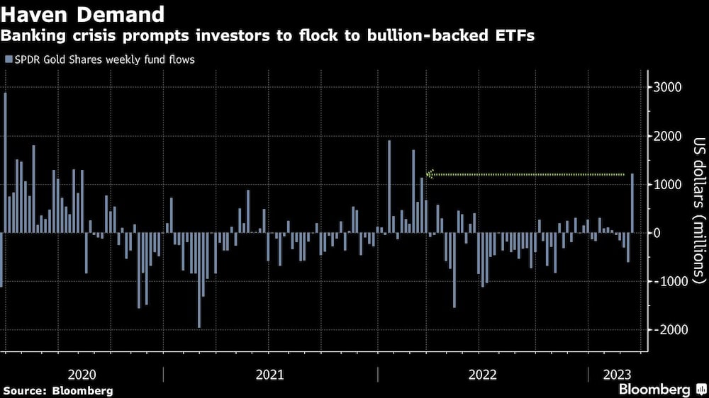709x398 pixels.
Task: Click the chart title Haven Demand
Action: coord(84,13)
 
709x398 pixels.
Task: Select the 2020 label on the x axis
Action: coord(82,373)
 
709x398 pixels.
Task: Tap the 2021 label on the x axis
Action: coord(270,373)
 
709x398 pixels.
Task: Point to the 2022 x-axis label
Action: coord(482,373)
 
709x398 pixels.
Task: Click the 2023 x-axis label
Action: coord(614,373)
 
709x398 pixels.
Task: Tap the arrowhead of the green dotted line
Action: coord(429,174)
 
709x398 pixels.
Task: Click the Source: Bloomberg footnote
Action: coord(57,390)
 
